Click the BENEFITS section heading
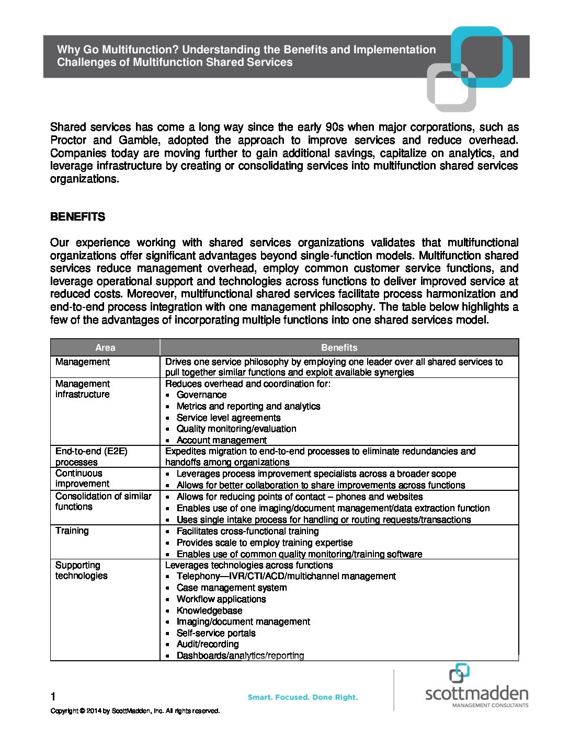[77, 217]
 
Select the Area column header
[105, 348]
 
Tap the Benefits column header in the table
[339, 348]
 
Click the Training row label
[72, 531]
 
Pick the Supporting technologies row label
[81, 570]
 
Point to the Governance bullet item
[201, 395]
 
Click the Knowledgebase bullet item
[209, 611]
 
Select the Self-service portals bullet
[216, 633]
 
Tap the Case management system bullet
[232, 588]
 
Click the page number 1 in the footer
[53, 696]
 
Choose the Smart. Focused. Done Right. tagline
[303, 697]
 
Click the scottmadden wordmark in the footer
[476, 694]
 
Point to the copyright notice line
[135, 711]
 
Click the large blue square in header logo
[482, 56]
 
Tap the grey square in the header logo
[450, 88]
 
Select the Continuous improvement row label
[82, 478]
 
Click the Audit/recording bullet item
[208, 645]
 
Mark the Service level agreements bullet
[229, 418]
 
